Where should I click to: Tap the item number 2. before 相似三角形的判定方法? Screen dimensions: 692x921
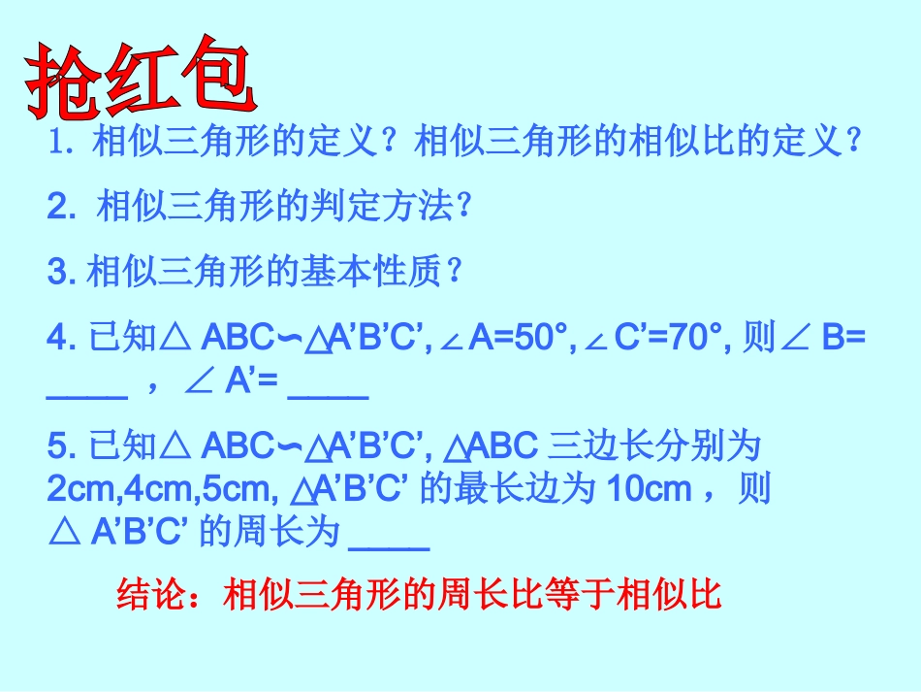61,207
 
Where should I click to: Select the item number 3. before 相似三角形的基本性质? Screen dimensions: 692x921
60,272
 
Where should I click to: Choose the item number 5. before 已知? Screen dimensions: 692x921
60,446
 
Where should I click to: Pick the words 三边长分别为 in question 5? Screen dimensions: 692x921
653,446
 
